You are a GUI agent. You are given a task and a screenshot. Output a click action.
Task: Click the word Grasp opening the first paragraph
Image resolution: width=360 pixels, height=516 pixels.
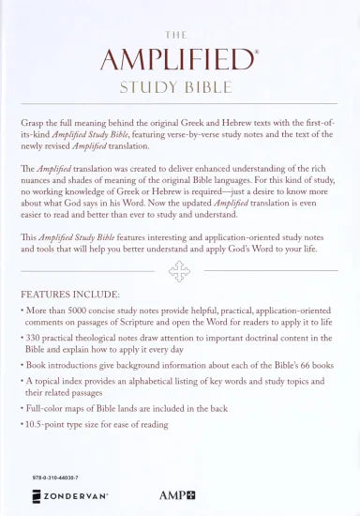coord(33,123)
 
